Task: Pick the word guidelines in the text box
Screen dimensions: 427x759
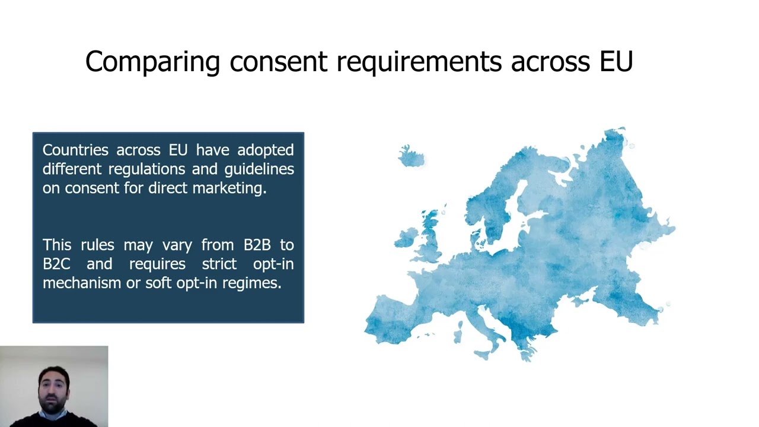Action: [x=259, y=169]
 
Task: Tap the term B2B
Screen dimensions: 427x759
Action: [x=256, y=245]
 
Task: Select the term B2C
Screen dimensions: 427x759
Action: [x=56, y=264]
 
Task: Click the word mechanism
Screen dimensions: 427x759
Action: [x=82, y=283]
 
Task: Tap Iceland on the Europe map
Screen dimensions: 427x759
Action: [x=412, y=157]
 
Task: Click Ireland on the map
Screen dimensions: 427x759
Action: [x=406, y=237]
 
